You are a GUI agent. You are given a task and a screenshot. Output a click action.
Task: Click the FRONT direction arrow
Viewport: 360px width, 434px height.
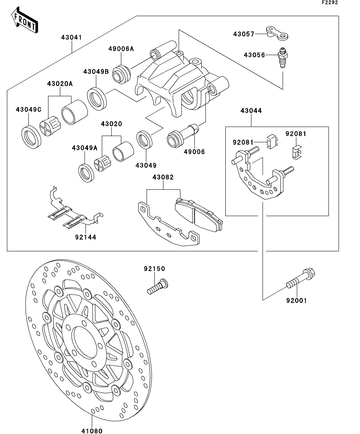[24, 20]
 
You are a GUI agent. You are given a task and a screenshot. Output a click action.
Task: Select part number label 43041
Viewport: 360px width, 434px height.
[72, 37]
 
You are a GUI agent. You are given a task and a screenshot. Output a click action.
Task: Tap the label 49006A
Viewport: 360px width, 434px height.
[121, 49]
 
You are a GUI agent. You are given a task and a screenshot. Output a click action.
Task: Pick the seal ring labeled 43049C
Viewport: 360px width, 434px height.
[31, 137]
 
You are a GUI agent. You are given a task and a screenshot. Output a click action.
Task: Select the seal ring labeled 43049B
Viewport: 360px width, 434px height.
[97, 98]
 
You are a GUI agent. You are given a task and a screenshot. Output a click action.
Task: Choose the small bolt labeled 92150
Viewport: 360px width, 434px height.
[158, 286]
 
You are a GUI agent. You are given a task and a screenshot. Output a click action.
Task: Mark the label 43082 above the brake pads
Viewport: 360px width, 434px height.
[163, 177]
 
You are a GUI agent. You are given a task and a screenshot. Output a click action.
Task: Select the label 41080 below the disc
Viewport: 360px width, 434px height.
[92, 430]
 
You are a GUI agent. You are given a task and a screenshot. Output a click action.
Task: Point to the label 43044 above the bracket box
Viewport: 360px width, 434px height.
[251, 111]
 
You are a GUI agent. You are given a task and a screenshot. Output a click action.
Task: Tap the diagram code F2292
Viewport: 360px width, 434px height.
[330, 2]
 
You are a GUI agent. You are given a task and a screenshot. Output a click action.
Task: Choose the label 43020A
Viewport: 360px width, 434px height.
[59, 83]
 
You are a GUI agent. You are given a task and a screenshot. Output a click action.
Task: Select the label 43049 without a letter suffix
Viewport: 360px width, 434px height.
[146, 165]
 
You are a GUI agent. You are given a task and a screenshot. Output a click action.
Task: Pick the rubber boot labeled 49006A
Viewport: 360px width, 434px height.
[121, 74]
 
